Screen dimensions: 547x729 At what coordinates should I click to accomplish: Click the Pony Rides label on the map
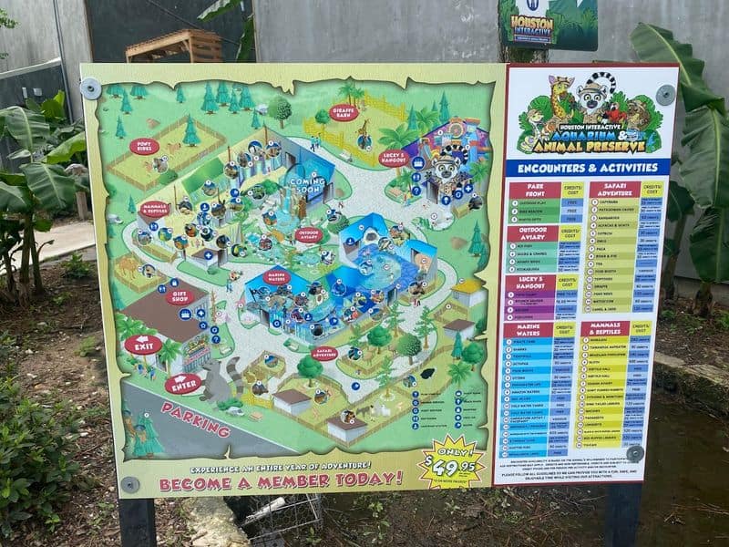(144, 146)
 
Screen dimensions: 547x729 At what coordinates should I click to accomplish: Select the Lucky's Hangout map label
(394, 157)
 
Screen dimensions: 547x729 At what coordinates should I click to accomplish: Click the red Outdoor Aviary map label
(309, 234)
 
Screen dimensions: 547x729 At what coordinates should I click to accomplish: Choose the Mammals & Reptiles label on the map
(154, 211)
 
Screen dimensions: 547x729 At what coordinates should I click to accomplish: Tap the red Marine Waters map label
(277, 275)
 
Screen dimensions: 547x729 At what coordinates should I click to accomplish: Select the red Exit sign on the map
(143, 346)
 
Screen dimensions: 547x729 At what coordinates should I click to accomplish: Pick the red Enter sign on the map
(182, 384)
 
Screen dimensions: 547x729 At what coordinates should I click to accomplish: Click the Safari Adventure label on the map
(325, 353)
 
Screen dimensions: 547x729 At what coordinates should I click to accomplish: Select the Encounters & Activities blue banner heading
(588, 168)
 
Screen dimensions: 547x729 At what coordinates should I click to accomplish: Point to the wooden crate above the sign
(174, 46)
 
